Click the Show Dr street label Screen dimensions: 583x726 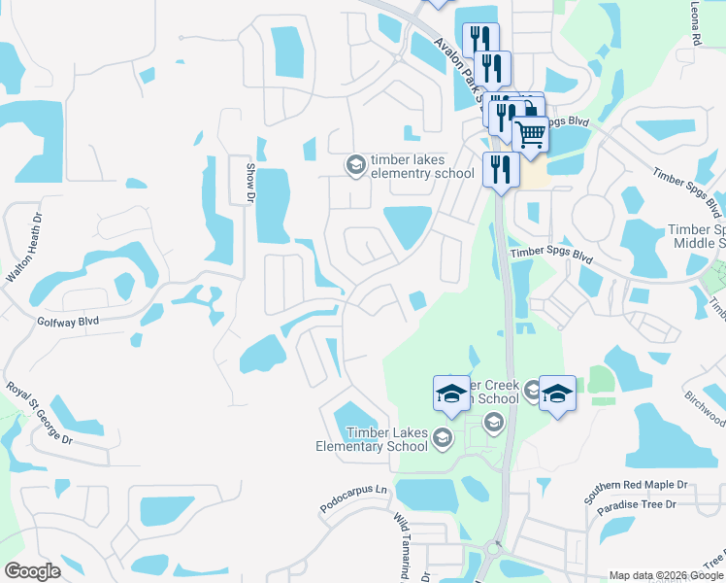(x=248, y=183)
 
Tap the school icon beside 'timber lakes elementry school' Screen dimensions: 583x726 (x=355, y=166)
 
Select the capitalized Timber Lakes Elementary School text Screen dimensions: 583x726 (x=372, y=439)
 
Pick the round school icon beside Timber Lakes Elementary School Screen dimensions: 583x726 (x=443, y=437)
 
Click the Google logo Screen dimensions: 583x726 (x=32, y=571)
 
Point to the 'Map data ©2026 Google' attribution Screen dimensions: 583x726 (x=666, y=575)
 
